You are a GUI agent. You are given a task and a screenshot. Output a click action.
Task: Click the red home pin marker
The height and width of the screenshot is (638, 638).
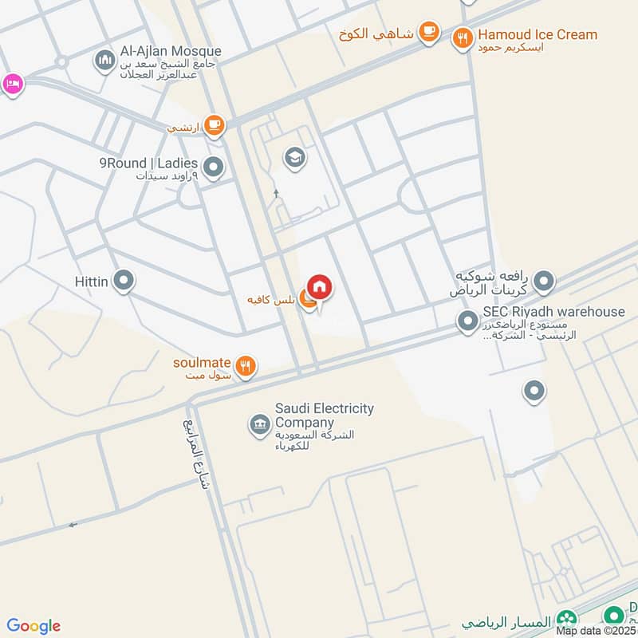[320, 287]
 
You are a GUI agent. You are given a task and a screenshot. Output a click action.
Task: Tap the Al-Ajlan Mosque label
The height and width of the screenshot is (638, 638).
[171, 52]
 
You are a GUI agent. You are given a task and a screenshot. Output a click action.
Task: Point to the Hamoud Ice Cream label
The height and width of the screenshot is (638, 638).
[537, 34]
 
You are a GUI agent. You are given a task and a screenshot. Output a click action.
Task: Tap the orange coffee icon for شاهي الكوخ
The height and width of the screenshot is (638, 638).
[429, 32]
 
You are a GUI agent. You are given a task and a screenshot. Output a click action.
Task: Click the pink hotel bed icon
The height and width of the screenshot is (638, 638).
[11, 84]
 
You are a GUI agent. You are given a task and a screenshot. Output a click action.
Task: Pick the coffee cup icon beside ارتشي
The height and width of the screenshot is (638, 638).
[213, 125]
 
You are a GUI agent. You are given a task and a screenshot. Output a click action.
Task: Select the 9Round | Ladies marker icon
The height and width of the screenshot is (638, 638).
[213, 167]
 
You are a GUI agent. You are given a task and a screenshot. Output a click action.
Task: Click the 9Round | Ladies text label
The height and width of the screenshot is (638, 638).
[148, 163]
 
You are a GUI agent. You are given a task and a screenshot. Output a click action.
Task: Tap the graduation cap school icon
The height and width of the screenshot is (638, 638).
[294, 158]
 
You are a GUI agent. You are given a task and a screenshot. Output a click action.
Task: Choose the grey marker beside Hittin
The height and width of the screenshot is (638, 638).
[123, 280]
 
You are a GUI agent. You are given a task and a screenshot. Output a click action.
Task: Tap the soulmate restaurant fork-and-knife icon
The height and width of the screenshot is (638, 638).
[247, 366]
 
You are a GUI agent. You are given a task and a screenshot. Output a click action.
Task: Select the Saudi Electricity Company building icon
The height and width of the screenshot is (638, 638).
[258, 422]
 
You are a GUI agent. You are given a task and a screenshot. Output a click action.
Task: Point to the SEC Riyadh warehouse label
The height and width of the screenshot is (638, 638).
[553, 312]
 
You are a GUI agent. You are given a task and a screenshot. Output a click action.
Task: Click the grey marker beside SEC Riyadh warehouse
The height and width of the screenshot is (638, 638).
[467, 322]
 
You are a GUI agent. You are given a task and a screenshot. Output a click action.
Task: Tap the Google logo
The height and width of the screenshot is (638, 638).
[33, 626]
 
